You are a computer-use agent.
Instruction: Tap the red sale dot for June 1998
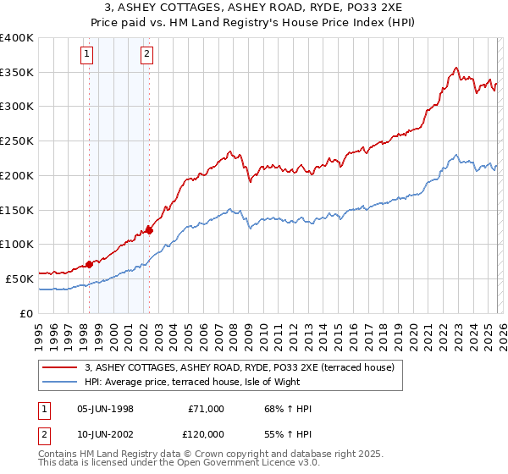89,264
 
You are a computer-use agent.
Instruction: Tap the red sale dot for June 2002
149,229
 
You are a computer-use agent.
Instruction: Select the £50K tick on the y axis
20,278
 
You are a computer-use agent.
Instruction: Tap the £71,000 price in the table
206,409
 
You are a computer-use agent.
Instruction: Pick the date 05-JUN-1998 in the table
105,409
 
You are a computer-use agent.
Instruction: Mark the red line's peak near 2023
456,68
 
